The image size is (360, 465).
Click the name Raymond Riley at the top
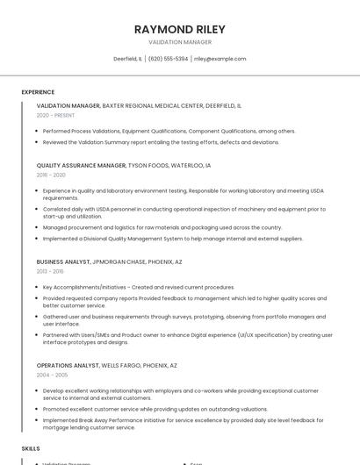click(179, 29)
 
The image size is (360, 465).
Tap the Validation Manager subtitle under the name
click(179, 42)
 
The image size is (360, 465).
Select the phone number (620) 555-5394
click(168, 59)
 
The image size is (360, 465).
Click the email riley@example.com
click(220, 59)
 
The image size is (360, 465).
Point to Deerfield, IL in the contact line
click(127, 59)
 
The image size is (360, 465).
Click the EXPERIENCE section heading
click(38, 92)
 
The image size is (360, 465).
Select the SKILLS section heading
click(31, 448)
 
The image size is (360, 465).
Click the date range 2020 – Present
click(55, 115)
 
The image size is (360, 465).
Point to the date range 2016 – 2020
click(51, 175)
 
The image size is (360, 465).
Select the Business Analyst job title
click(63, 261)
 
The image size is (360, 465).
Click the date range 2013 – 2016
click(50, 271)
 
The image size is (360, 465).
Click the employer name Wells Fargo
click(126, 365)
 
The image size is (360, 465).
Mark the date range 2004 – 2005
click(51, 375)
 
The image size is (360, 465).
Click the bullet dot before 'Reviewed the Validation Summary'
click(39, 141)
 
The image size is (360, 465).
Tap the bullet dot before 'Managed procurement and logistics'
click(39, 227)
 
